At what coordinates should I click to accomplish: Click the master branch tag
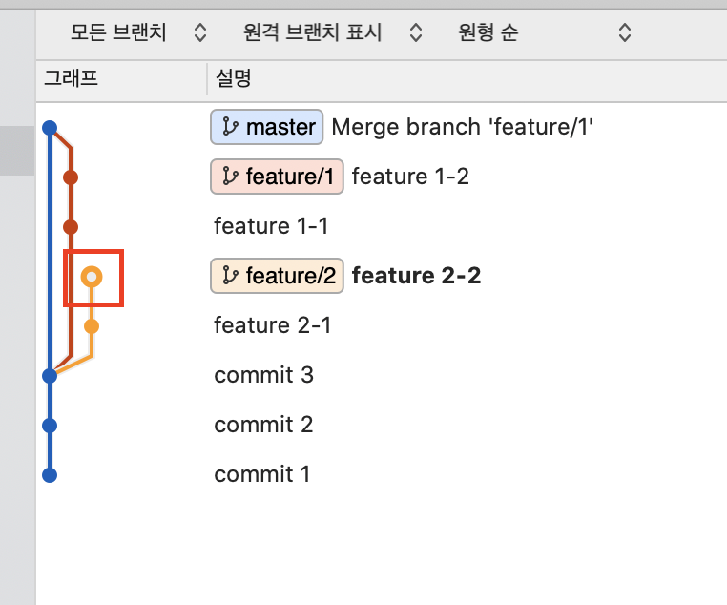tap(267, 127)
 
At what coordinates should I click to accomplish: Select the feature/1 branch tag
tap(277, 177)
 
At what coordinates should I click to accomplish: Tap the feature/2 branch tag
tap(277, 276)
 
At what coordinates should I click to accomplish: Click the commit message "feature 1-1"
tap(272, 226)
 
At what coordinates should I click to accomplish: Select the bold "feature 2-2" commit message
tap(416, 276)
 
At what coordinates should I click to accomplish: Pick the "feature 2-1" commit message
tap(272, 325)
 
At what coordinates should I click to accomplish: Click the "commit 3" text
tap(263, 375)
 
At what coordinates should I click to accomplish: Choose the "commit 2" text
tap(263, 425)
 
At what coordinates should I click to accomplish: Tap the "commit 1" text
tap(261, 474)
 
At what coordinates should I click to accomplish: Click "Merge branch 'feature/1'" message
tap(463, 127)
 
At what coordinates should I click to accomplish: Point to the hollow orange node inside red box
tap(92, 277)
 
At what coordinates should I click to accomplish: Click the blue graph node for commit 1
tap(50, 474)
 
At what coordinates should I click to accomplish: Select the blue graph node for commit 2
tap(50, 425)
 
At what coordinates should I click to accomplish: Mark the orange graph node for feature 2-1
tap(92, 326)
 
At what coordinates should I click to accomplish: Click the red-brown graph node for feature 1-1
tap(70, 227)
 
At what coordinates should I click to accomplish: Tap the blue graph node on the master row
tap(50, 128)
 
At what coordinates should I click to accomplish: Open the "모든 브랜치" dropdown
tap(138, 33)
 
